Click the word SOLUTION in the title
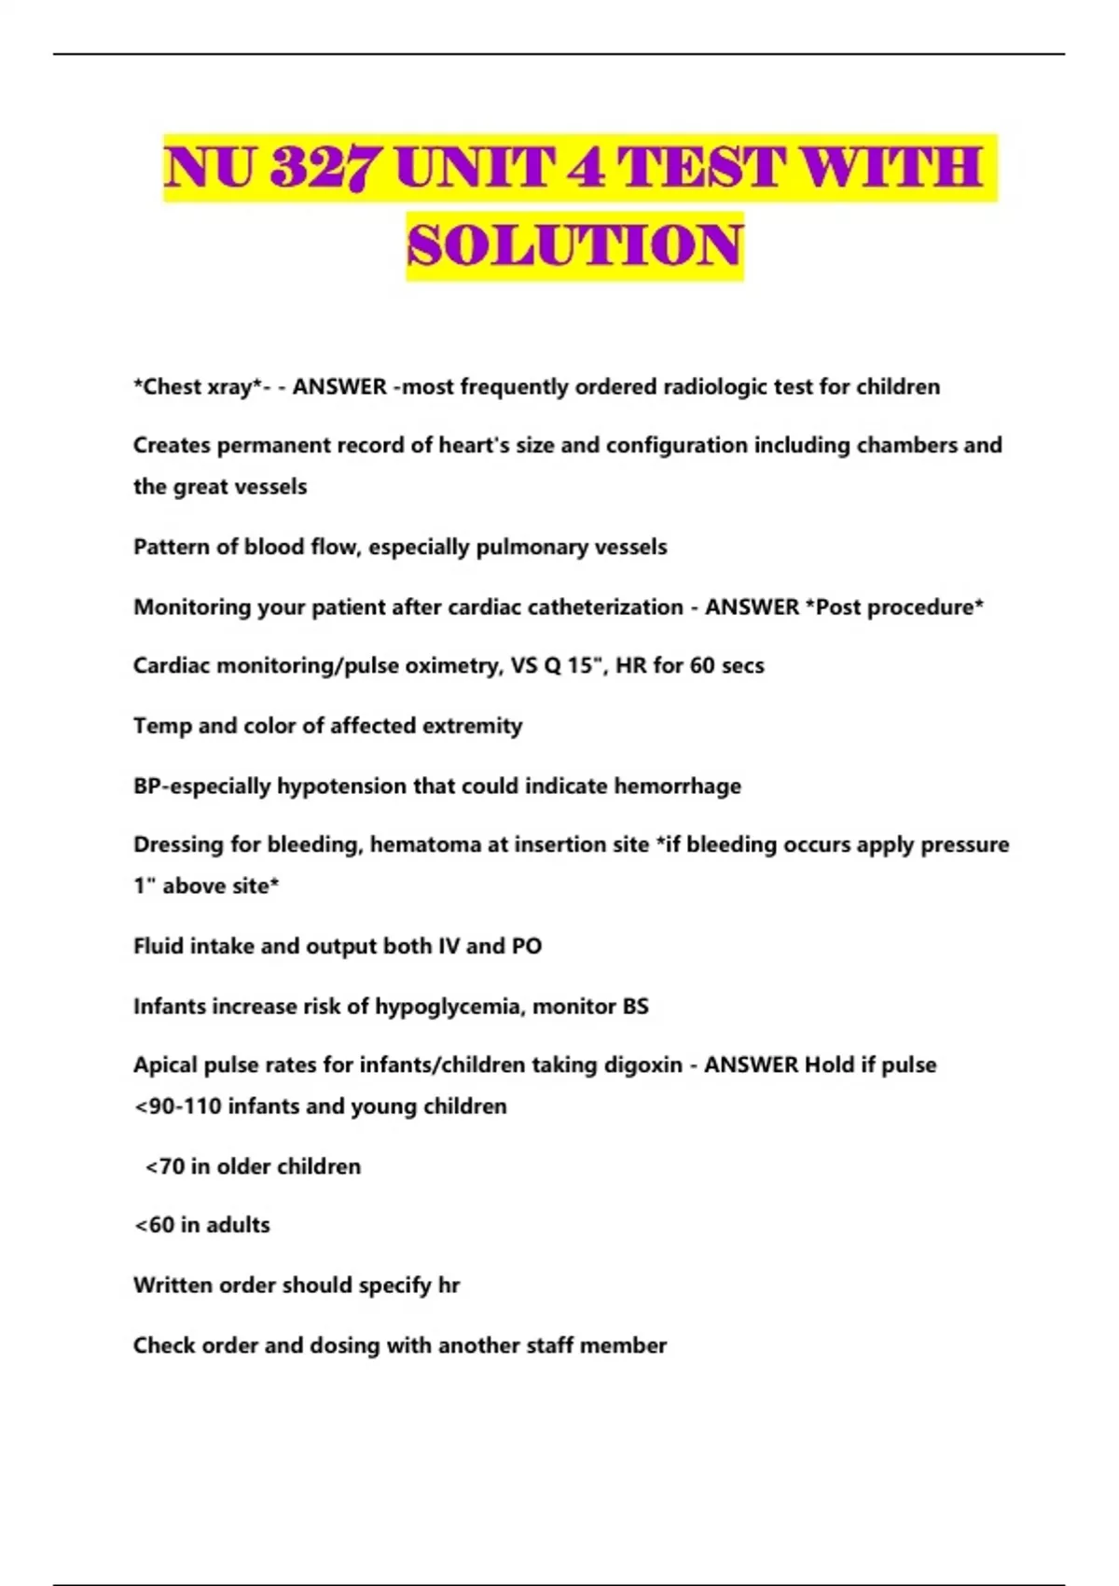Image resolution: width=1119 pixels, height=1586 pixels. click(574, 245)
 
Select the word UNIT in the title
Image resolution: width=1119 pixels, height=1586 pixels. click(477, 168)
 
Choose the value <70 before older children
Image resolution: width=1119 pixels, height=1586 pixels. click(165, 1167)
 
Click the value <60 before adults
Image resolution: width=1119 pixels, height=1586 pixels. click(155, 1226)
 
